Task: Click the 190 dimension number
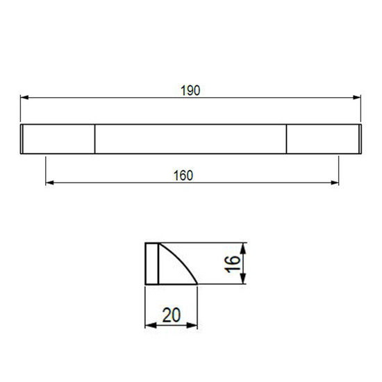point(190,90)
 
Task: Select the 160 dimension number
point(183,176)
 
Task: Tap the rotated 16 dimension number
point(232,264)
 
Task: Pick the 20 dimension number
point(172,315)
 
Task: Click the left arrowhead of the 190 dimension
point(24,97)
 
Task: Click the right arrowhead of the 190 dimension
point(357,97)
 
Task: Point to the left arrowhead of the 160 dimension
point(50,183)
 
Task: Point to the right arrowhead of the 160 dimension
point(335,183)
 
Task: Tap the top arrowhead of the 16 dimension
point(243,249)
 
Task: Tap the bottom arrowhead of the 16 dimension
point(243,279)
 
